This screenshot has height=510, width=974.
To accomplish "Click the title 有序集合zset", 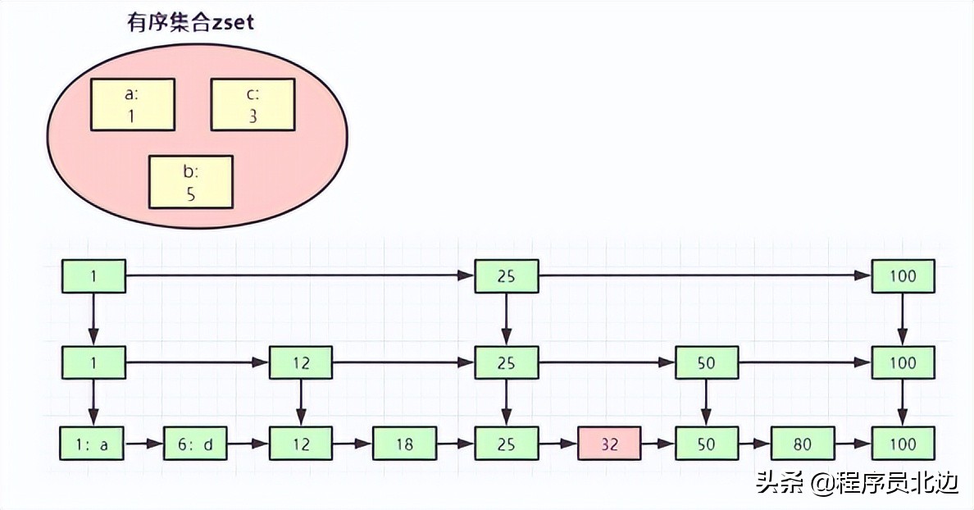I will [189, 22].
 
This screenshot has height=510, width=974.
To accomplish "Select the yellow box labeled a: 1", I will [132, 105].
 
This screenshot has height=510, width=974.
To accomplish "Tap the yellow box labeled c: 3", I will [253, 105].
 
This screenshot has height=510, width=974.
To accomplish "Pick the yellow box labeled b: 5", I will [190, 181].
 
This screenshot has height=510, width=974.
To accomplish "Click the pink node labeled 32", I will [609, 444].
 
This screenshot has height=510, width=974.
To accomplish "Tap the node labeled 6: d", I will [195, 444].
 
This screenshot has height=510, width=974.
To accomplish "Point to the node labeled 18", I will [404, 444].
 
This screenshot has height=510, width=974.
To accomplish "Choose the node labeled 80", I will [803, 444].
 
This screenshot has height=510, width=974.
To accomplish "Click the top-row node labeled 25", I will [507, 276].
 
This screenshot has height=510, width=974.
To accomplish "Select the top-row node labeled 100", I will [903, 276].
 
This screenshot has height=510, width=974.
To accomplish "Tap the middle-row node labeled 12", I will [301, 362].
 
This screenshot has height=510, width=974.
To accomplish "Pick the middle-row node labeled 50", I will [706, 362].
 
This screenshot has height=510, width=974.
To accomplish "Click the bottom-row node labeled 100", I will [903, 444].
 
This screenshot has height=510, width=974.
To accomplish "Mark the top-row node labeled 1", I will [93, 276].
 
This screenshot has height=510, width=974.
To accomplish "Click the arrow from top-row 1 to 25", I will [300, 276].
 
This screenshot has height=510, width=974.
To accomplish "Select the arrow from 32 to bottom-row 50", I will [658, 444].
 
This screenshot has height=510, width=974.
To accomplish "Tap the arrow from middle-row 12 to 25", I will [403, 362].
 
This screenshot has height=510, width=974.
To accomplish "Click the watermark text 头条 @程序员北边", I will [857, 484].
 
